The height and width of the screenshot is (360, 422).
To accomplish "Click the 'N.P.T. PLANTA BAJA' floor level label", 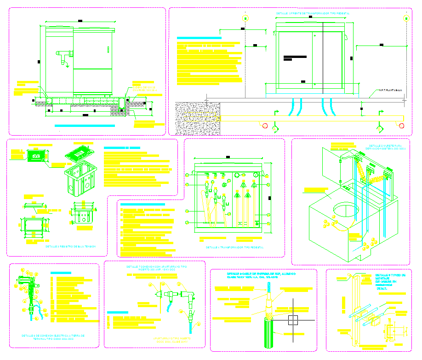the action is click(x=390, y=90).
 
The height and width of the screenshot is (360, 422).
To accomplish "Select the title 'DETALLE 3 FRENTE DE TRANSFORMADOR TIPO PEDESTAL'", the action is click(x=313, y=14).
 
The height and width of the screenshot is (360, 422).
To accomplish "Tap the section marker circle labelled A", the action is click(x=245, y=18).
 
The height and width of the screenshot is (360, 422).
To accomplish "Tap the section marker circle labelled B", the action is click(x=406, y=18).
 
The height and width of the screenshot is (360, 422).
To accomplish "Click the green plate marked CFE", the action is click(x=36, y=156).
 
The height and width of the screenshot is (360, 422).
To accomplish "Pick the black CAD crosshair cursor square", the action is click(x=293, y=320).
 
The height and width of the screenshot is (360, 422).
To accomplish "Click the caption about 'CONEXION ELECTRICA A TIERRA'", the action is click(x=53, y=337).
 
